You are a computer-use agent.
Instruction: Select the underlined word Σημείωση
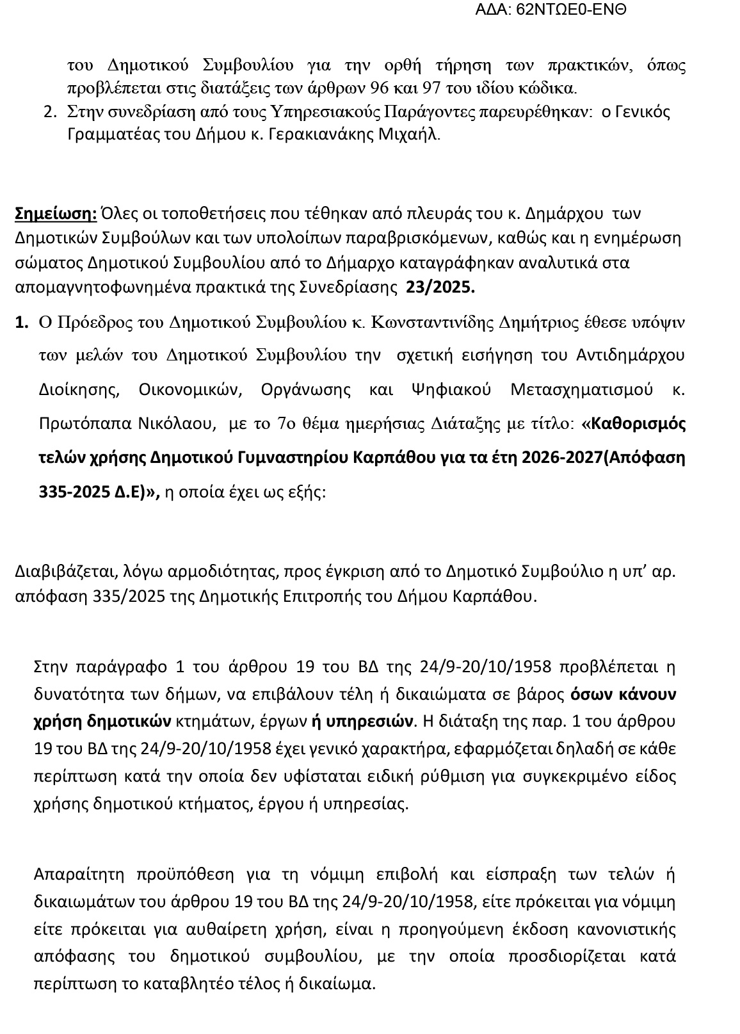56,213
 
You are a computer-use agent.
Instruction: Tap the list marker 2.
50,112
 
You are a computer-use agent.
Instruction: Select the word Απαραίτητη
75,875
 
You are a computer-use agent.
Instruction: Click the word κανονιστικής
627,928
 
